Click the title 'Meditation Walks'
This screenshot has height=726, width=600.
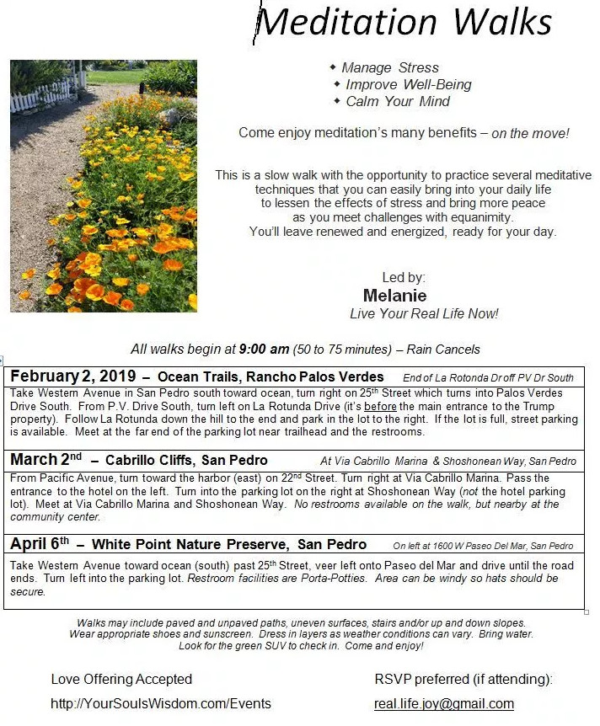pos(404,23)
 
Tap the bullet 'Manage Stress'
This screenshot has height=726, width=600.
pos(389,67)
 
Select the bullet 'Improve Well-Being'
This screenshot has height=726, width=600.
pos(408,84)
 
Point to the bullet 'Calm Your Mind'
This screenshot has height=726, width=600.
pos(398,101)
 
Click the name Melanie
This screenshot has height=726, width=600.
pos(394,296)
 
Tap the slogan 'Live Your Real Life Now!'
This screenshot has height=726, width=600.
pos(424,313)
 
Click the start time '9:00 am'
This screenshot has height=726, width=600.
pos(264,349)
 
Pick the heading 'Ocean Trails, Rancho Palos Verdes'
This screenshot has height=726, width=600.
pos(271,376)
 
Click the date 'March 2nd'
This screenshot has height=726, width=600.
pos(46,460)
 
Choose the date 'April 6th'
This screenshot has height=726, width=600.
pos(40,544)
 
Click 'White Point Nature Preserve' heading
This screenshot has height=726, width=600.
pos(191,544)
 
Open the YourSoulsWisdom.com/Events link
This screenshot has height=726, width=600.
pos(161,704)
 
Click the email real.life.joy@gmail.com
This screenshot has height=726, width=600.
pos(443,704)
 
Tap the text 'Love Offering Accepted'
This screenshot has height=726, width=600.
pos(121,679)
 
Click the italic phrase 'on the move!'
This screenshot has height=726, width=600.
pos(530,133)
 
